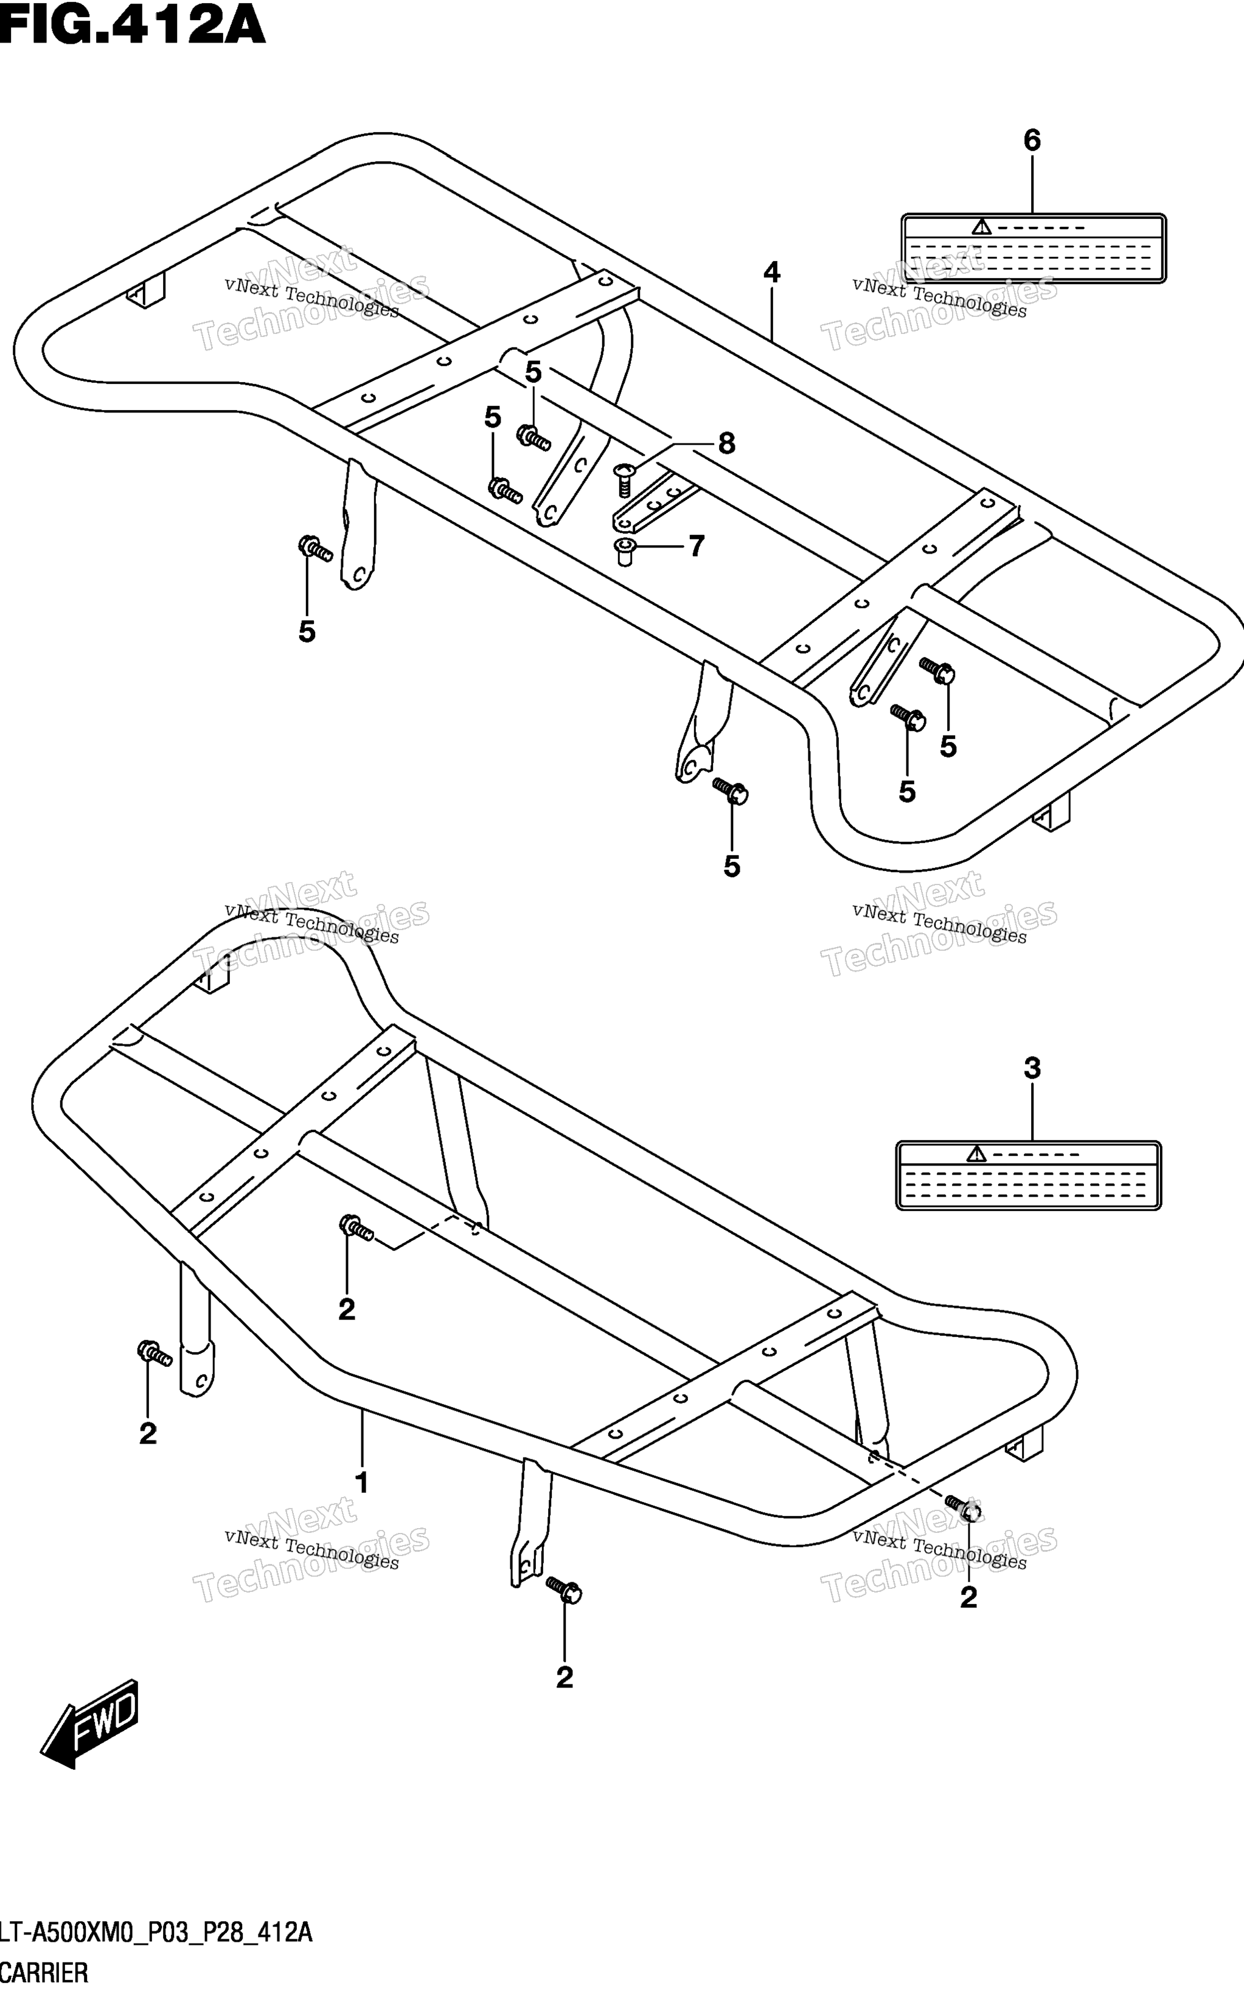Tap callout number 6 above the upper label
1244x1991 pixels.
(x=1032, y=141)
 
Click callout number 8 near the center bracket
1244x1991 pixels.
(x=726, y=444)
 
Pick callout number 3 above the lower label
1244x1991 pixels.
(x=1032, y=1069)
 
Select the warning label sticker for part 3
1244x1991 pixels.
(x=1029, y=1176)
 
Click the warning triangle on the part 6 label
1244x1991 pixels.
(x=981, y=227)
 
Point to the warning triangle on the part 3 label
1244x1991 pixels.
(x=976, y=1155)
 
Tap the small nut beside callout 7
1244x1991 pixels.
(x=625, y=551)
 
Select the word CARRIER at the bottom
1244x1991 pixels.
(x=44, y=1973)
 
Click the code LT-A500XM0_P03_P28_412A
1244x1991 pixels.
(x=156, y=1933)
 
